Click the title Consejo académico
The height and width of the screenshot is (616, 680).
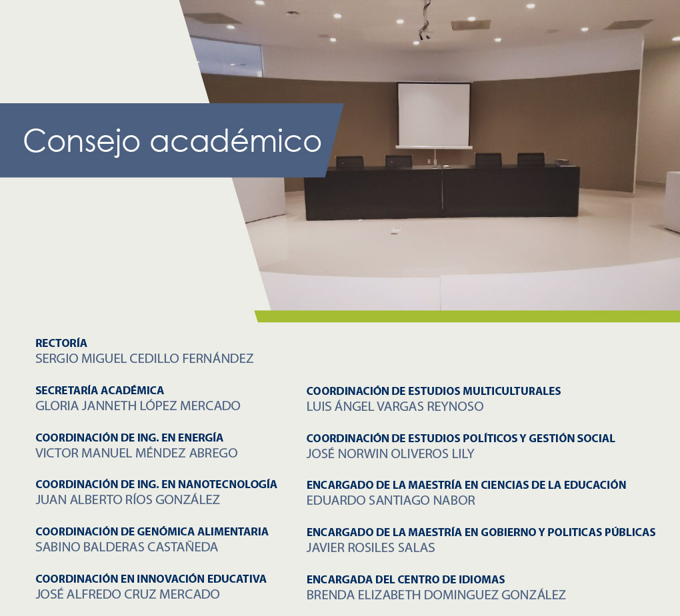pyautogui.click(x=172, y=141)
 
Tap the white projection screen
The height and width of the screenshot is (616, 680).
pyautogui.click(x=434, y=115)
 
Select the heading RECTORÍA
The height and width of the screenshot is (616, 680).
pyautogui.click(x=61, y=343)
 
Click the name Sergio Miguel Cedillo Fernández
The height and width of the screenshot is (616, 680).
pyautogui.click(x=145, y=359)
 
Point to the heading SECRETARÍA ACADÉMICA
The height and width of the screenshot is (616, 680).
pyautogui.click(x=100, y=390)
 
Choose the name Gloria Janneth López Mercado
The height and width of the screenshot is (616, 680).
pyautogui.click(x=138, y=406)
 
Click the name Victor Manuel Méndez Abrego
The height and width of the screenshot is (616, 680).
pyautogui.click(x=137, y=453)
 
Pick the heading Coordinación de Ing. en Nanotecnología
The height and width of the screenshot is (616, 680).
pyautogui.click(x=156, y=484)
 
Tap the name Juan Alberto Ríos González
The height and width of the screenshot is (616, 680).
pyautogui.click(x=127, y=500)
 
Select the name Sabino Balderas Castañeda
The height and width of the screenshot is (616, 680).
pyautogui.click(x=127, y=547)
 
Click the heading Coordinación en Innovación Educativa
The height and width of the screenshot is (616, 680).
pyautogui.click(x=151, y=579)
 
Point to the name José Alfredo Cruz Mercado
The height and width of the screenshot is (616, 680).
pyautogui.click(x=127, y=594)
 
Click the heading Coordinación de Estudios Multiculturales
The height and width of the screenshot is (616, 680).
pyautogui.click(x=434, y=391)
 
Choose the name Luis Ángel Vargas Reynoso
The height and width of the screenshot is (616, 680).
pyautogui.click(x=395, y=406)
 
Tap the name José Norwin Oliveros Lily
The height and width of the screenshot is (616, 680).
pyautogui.click(x=390, y=454)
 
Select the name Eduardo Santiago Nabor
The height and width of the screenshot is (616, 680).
pyautogui.click(x=391, y=500)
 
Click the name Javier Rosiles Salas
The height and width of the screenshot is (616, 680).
pyautogui.click(x=371, y=547)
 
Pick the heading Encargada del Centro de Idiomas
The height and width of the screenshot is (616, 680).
pyautogui.click(x=406, y=579)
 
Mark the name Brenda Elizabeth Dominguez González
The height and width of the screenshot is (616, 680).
pyautogui.click(x=436, y=595)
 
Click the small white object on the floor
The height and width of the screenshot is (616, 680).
pyautogui.click(x=396, y=230)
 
